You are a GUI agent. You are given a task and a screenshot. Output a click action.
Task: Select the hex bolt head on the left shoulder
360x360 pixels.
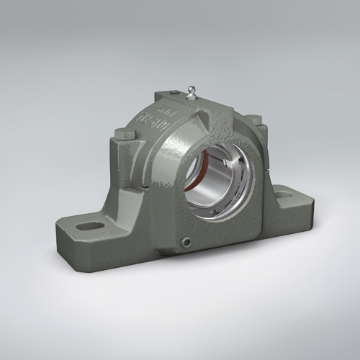pos(119,133)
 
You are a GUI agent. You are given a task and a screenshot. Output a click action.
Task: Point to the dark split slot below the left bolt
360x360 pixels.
pos(142,189)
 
